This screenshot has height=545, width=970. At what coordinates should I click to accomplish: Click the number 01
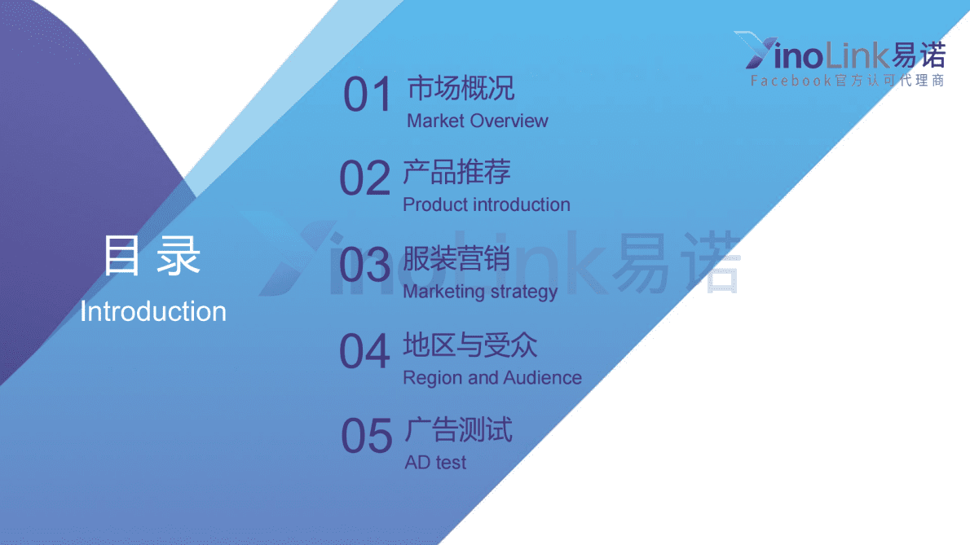click(x=368, y=95)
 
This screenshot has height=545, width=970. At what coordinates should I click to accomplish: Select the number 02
click(x=365, y=178)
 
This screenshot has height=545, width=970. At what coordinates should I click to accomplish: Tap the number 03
click(x=365, y=266)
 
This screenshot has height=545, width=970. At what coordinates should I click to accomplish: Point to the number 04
click(x=365, y=352)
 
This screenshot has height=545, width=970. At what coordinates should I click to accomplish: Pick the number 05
click(x=367, y=436)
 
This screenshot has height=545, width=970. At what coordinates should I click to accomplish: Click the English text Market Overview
click(x=477, y=121)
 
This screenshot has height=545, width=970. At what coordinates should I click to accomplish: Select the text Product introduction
click(x=486, y=204)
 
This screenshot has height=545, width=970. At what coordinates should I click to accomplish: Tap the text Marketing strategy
click(x=480, y=291)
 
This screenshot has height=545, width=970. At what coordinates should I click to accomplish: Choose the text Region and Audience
click(x=492, y=378)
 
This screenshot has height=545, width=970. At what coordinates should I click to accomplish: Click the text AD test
click(x=435, y=463)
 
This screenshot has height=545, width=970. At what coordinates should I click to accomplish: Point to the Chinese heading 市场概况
click(x=461, y=89)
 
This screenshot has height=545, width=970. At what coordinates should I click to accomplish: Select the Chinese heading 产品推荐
click(x=456, y=173)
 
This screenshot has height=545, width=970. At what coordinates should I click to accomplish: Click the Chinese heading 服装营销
click(x=456, y=259)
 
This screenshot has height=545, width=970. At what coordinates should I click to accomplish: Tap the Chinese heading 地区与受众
click(x=470, y=345)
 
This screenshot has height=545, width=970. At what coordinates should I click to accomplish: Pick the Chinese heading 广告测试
click(x=458, y=430)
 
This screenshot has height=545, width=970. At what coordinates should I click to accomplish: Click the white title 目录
click(x=152, y=257)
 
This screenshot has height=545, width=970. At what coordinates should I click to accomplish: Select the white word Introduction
click(x=153, y=311)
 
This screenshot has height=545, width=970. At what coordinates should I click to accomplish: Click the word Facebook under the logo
click(x=791, y=81)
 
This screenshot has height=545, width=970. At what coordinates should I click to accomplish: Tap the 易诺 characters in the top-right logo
click(x=919, y=55)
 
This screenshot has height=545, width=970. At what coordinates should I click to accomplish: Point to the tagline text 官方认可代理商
click(x=889, y=81)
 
